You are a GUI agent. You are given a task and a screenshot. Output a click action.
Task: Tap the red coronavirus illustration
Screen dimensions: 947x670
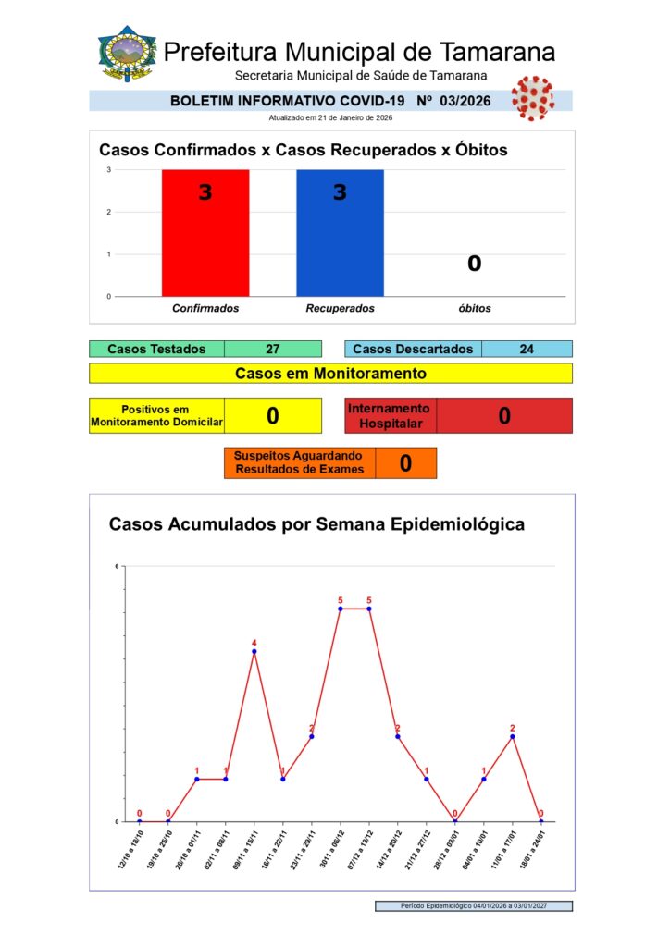[532, 97]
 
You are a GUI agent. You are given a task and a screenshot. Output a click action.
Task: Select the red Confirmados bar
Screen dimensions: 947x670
[205, 233]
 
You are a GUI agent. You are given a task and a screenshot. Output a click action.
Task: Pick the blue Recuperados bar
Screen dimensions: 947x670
[340, 233]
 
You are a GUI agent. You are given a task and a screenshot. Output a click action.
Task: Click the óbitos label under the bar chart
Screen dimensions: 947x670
[474, 308]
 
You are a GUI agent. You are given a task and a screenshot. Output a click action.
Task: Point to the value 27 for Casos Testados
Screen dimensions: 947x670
[272, 350]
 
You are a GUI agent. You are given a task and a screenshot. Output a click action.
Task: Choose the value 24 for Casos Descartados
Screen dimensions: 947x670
[527, 350]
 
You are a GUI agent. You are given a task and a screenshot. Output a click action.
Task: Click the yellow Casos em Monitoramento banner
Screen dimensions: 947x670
[330, 374]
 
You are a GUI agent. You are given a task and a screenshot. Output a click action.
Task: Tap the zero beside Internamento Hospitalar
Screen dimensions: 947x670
[504, 416]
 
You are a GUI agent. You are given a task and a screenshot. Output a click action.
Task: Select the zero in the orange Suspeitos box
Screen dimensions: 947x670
[405, 463]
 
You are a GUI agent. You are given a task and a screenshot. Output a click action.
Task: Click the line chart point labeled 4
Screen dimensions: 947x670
[254, 652]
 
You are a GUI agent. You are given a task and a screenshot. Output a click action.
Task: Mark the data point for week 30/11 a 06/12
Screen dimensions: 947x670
[341, 609]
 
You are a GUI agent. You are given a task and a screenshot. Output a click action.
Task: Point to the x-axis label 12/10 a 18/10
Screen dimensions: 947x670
[130, 849]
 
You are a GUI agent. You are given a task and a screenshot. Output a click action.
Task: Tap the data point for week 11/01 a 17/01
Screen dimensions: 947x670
[513, 736]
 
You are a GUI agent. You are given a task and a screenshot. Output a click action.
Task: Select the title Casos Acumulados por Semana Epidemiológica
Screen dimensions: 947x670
[317, 524]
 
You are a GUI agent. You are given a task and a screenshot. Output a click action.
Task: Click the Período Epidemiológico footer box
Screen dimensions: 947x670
[474, 906]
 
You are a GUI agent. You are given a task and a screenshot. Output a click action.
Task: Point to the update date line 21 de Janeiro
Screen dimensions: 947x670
[330, 117]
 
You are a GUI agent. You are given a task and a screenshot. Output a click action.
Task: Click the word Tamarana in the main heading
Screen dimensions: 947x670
[498, 52]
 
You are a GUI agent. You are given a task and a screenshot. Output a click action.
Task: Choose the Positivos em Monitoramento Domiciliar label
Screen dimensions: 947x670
[156, 416]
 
